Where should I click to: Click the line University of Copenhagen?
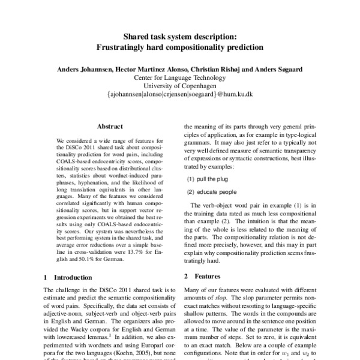tap(180, 85)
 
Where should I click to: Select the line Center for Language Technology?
tap(180, 77)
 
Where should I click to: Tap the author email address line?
tap(180, 94)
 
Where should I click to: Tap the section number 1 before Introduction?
tap(46, 277)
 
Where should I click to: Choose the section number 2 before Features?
tap(187, 276)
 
